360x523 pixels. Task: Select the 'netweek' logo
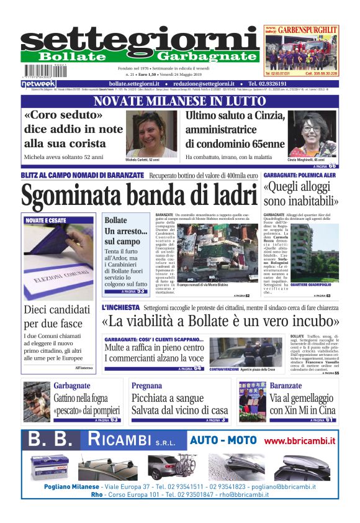tap(38, 83)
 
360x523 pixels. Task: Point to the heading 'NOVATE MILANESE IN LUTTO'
tap(180, 101)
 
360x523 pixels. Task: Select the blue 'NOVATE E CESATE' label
tap(47, 220)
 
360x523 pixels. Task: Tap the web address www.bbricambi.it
tap(300, 441)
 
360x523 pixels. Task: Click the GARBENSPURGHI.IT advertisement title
tap(308, 29)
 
